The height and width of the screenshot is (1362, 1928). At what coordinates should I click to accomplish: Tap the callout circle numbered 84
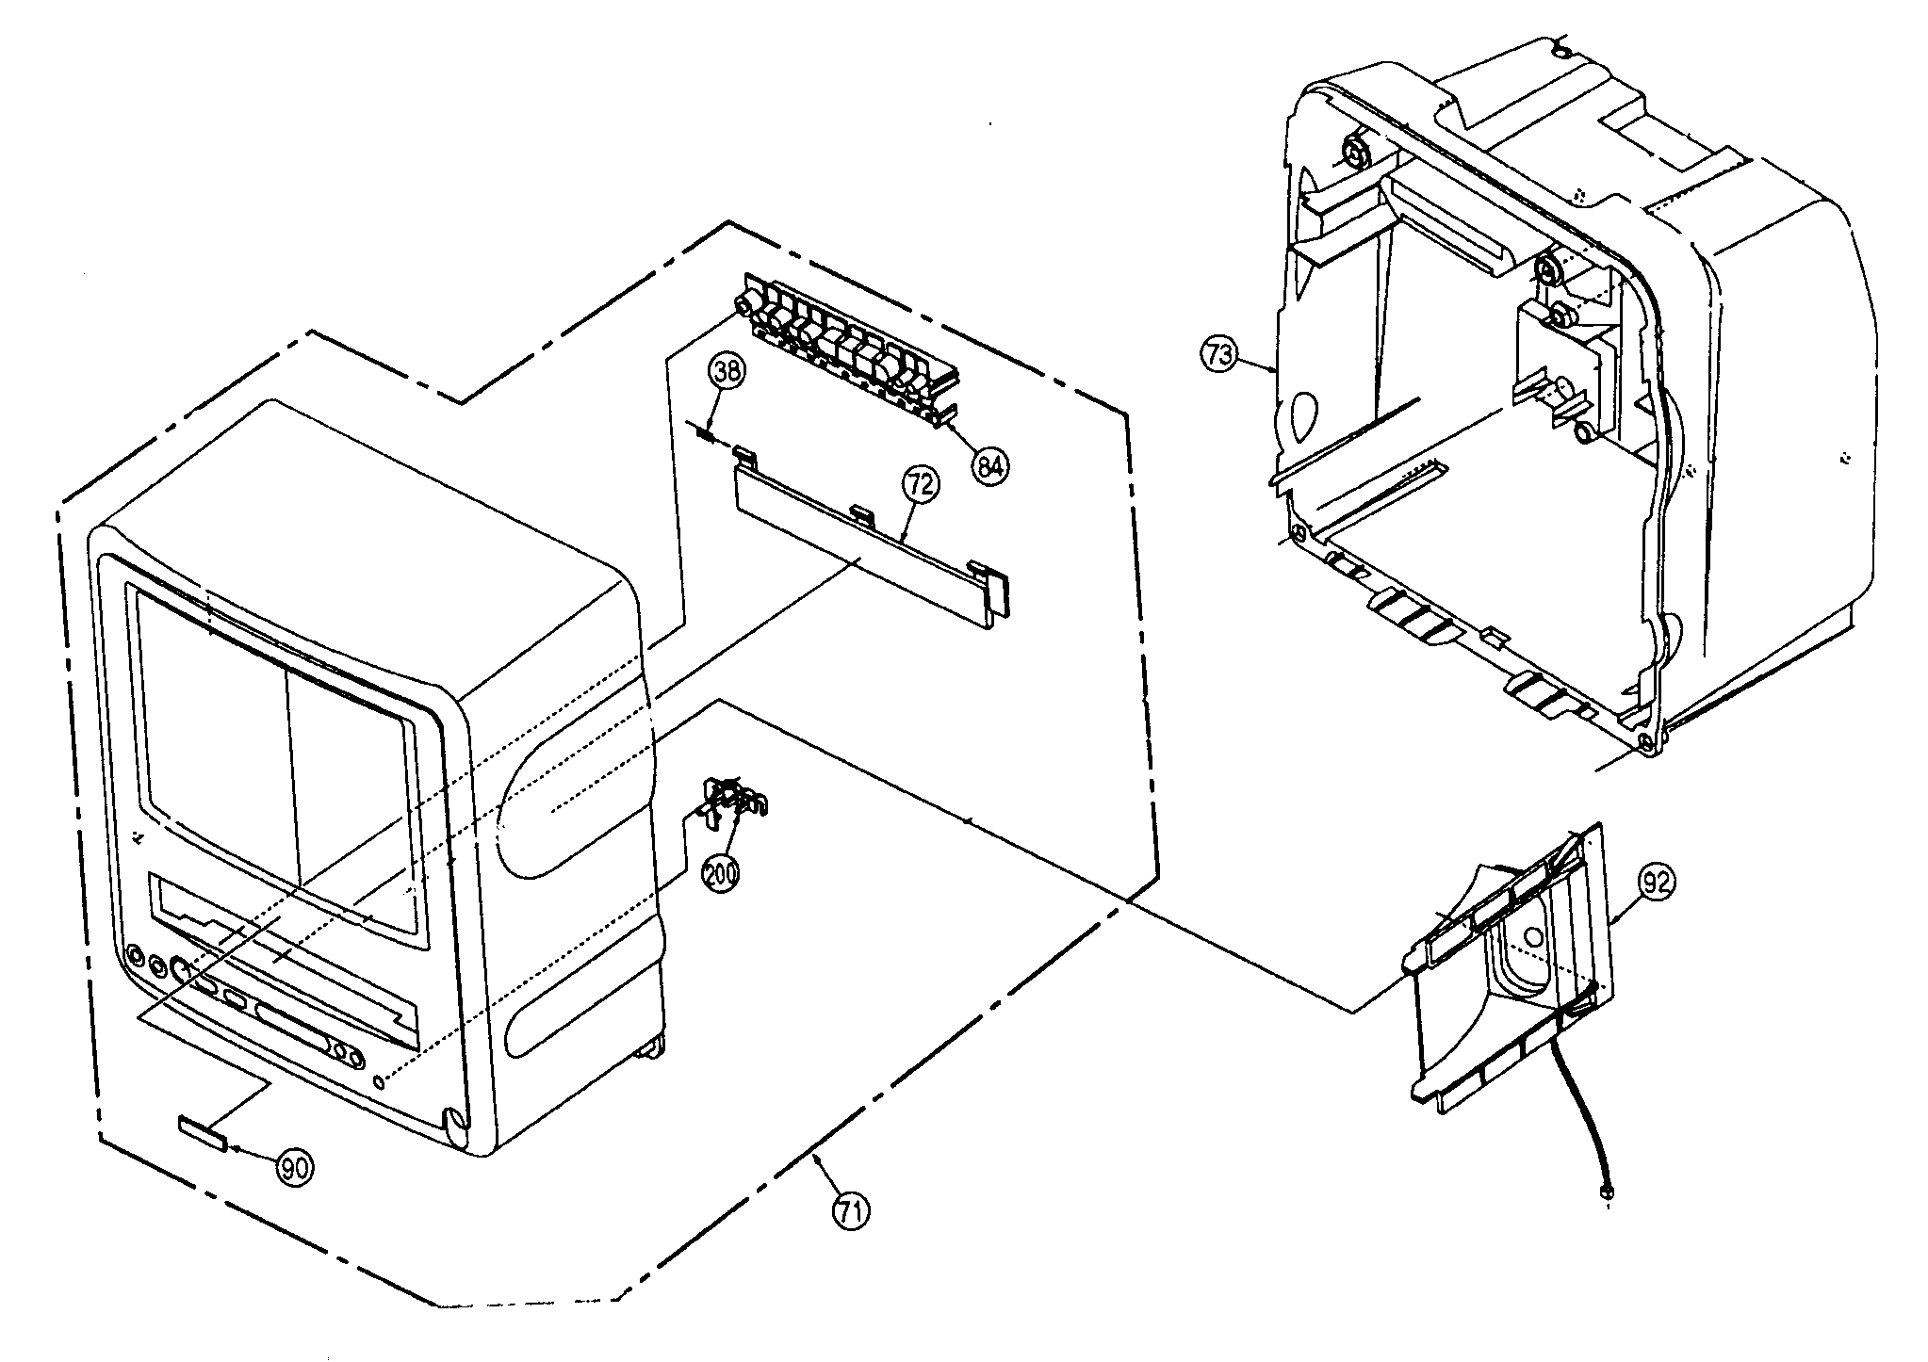[989, 465]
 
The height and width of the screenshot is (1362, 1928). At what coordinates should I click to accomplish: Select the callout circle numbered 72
[921, 484]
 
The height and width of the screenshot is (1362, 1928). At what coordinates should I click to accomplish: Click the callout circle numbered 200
[721, 871]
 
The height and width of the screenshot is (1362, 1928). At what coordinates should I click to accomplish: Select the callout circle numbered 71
[851, 1211]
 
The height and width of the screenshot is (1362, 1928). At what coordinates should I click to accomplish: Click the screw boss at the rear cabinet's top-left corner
[1353, 153]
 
